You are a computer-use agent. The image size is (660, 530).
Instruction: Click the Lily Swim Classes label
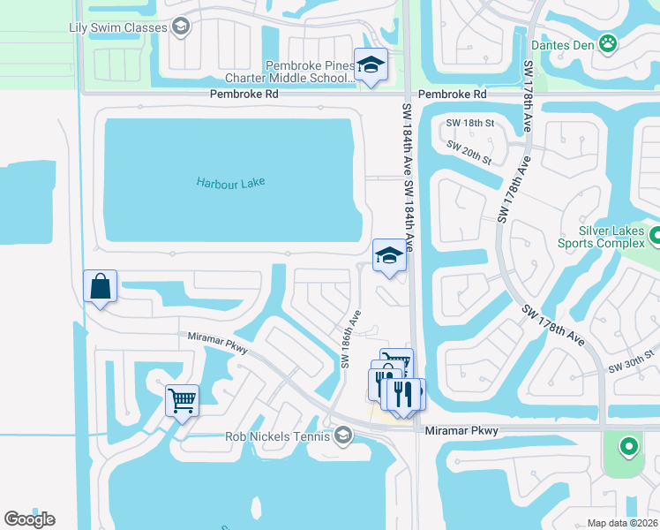click(117, 27)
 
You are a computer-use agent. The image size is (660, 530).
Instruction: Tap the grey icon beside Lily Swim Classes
click(181, 27)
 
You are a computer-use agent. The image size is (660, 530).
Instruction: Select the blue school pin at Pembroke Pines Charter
click(371, 65)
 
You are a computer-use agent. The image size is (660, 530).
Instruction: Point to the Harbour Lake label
click(230, 183)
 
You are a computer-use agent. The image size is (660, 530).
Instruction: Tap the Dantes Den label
click(563, 42)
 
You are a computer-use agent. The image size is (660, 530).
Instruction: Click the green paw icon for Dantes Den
click(607, 42)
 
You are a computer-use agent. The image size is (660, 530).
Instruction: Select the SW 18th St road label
click(467, 123)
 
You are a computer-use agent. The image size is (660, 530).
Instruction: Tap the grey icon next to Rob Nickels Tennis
click(343, 435)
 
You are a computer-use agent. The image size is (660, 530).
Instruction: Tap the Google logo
click(29, 519)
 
